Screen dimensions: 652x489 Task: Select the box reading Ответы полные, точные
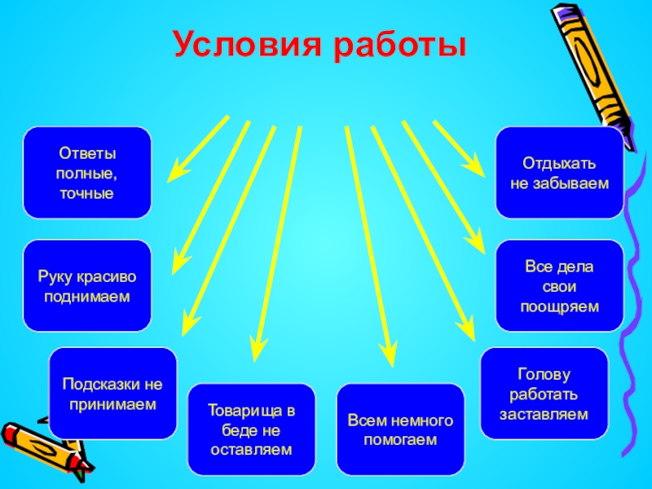pyautogui.click(x=86, y=173)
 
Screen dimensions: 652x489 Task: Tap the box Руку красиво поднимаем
pyautogui.click(x=86, y=286)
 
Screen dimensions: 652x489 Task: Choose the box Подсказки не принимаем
pyautogui.click(x=112, y=394)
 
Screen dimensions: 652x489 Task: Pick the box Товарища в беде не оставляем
pyautogui.click(x=251, y=430)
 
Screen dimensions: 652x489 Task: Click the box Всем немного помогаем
pyautogui.click(x=400, y=430)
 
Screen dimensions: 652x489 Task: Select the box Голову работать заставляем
pyautogui.click(x=544, y=394)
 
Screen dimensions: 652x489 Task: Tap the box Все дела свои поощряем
pyautogui.click(x=559, y=286)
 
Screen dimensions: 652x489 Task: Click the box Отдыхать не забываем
pyautogui.click(x=559, y=173)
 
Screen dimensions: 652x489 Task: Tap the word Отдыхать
pyautogui.click(x=560, y=163)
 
